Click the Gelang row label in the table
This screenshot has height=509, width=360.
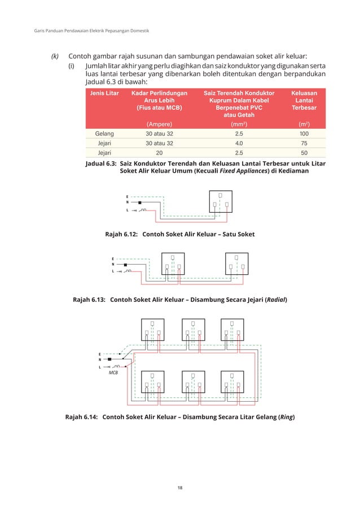click(x=104, y=134)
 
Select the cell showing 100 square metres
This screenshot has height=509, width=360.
click(x=304, y=134)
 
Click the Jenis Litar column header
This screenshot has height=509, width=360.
click(x=104, y=93)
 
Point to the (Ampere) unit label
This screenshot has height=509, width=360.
click(x=159, y=124)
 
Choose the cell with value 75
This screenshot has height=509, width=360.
click(x=304, y=143)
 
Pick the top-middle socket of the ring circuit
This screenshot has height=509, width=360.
click(x=192, y=330)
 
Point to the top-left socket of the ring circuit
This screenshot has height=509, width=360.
click(x=152, y=330)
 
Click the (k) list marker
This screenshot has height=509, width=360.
click(x=55, y=56)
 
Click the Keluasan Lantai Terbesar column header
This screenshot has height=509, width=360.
click(x=304, y=100)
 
